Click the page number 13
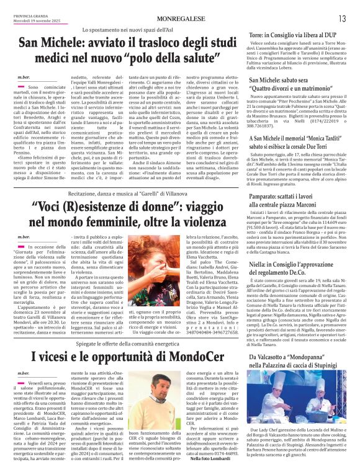point(342,19)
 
